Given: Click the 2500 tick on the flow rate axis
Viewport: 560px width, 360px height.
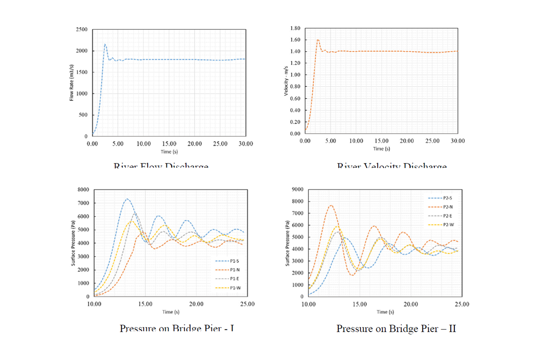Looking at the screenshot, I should tap(82, 29).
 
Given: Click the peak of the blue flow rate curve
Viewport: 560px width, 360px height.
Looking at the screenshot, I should tap(105, 44).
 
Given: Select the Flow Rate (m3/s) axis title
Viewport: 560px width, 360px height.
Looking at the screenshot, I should tap(72, 83).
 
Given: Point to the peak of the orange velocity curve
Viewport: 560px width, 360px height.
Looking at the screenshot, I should tap(318, 40).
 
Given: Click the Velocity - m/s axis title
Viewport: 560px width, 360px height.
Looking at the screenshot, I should tap(285, 81).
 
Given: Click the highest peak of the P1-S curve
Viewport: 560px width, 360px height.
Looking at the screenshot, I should tap(127, 199).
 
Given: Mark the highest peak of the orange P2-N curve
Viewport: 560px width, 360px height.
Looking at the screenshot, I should tap(331, 205).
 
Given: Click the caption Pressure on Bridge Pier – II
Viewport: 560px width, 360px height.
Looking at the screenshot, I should tap(396, 328).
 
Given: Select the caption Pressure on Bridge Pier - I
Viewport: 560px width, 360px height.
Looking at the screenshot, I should tap(177, 328).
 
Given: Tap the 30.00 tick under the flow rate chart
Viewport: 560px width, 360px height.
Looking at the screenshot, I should tap(245, 144).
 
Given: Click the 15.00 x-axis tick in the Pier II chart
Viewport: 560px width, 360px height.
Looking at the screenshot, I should tap(359, 304).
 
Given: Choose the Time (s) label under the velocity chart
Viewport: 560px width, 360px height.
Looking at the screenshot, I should tap(382, 149).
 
